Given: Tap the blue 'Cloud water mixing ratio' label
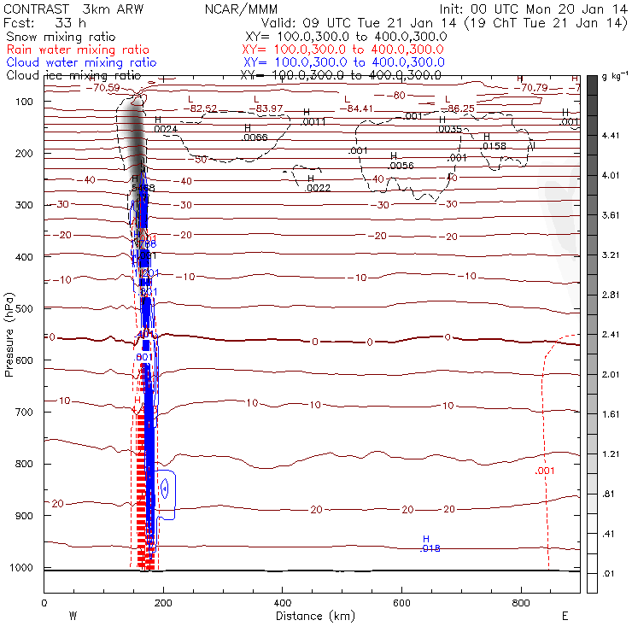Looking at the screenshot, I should coord(80,63).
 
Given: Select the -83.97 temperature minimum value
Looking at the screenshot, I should coord(272,108).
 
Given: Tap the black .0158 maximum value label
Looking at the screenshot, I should coord(494,147).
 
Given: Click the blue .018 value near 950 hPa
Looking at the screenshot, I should coord(430,548).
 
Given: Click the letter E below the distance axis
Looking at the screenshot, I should coord(565,615).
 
